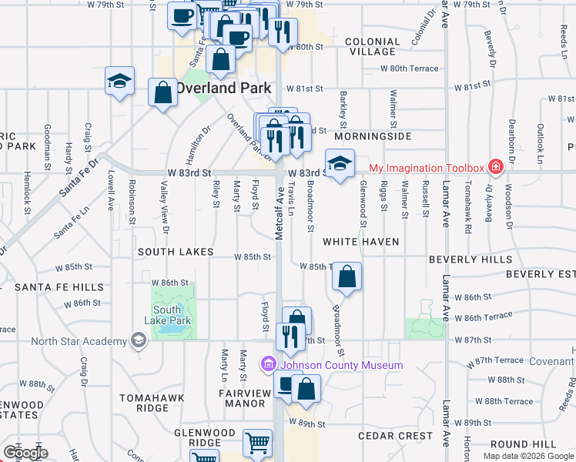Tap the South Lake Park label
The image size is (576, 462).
[x=167, y=315]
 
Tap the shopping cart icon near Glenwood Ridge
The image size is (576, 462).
[x=257, y=443]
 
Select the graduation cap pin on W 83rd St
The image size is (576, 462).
[x=337, y=163]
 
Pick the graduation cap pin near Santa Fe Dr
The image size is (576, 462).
[x=119, y=81]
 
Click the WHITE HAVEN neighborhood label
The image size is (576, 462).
[x=360, y=242]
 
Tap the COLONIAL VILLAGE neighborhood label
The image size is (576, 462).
[x=371, y=46]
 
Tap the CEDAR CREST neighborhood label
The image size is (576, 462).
[x=396, y=436]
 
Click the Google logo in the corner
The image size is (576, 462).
[x=25, y=453]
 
